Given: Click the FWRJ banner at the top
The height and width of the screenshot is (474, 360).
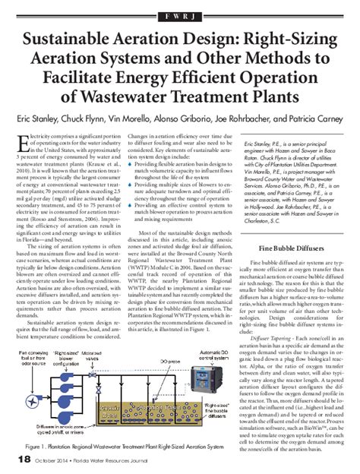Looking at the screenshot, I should coord(180,14).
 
